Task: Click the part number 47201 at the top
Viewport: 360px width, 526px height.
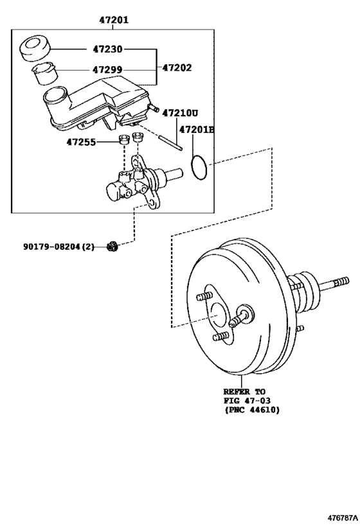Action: click(x=114, y=20)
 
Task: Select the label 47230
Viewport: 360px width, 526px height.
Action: click(x=107, y=49)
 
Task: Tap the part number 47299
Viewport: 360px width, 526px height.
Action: click(x=107, y=69)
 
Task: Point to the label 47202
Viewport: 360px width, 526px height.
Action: click(x=177, y=67)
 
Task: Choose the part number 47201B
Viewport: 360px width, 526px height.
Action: click(x=196, y=129)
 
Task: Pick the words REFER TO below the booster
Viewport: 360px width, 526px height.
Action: click(x=244, y=391)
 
